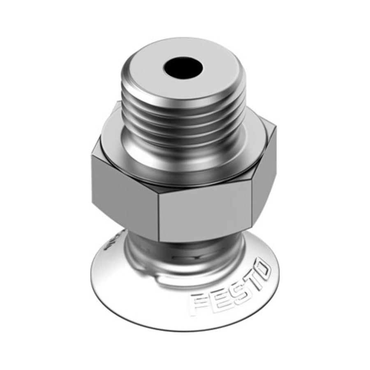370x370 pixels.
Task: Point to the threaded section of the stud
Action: (182, 116)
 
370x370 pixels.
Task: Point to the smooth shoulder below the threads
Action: (182, 160)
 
